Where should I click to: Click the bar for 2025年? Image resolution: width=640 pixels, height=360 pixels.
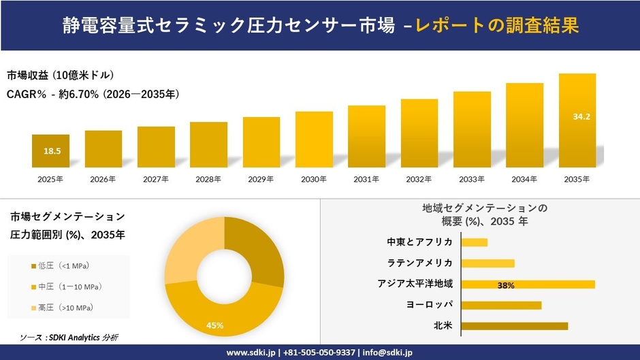pos(50,151)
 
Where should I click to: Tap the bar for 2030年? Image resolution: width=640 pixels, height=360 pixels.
pos(314,140)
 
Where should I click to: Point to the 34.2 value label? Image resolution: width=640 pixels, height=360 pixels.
pos(581,117)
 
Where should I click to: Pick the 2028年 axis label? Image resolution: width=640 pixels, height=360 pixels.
pos(208,179)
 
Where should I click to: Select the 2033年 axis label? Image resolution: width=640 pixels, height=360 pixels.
pos(472,179)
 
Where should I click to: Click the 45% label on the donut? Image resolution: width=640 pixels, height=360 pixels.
pos(215,326)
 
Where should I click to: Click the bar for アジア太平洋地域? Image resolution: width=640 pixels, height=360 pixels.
pos(528,284)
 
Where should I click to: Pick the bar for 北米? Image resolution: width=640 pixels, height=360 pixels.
pos(514,326)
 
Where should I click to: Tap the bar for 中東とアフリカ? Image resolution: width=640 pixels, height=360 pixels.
pos(474,242)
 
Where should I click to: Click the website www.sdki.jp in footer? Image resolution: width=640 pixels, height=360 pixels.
pos(250,353)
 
